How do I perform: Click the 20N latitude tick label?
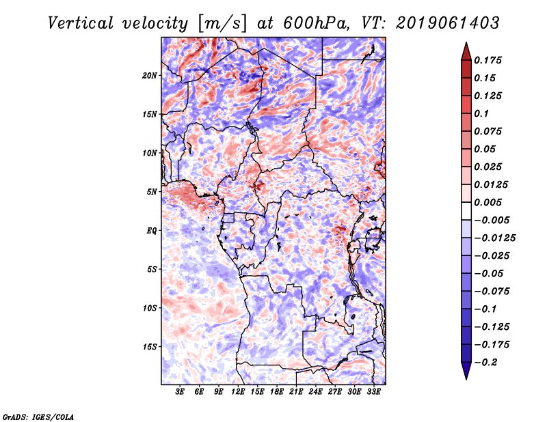[150, 75]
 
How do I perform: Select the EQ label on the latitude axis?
[152, 231]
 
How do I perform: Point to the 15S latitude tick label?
[150, 347]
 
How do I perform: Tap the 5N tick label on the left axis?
[152, 192]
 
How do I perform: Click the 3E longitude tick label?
[181, 392]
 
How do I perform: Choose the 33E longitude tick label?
[374, 392]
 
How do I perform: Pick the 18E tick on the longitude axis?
[277, 392]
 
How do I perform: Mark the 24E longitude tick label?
[316, 392]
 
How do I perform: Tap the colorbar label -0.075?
[492, 291]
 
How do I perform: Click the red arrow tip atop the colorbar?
[466, 49]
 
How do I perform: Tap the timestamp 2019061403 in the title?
[438, 23]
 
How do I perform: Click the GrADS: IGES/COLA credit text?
[38, 416]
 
